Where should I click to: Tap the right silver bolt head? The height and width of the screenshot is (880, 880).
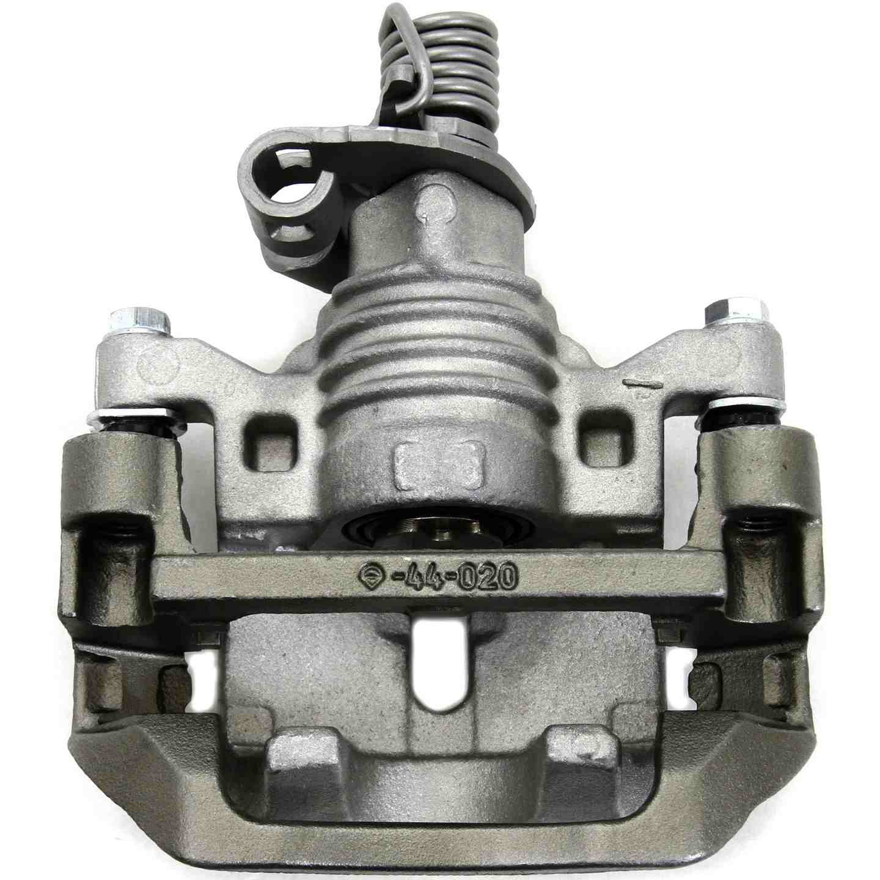pos(736,313)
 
